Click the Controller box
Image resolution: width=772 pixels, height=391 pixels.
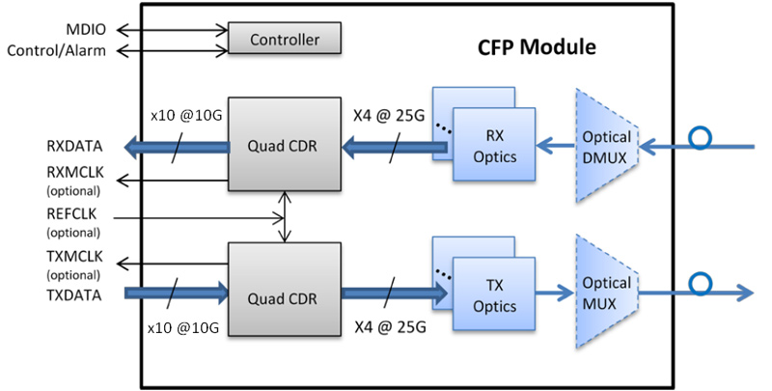(x=285, y=40)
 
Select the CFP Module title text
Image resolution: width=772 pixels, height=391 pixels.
(x=537, y=46)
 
